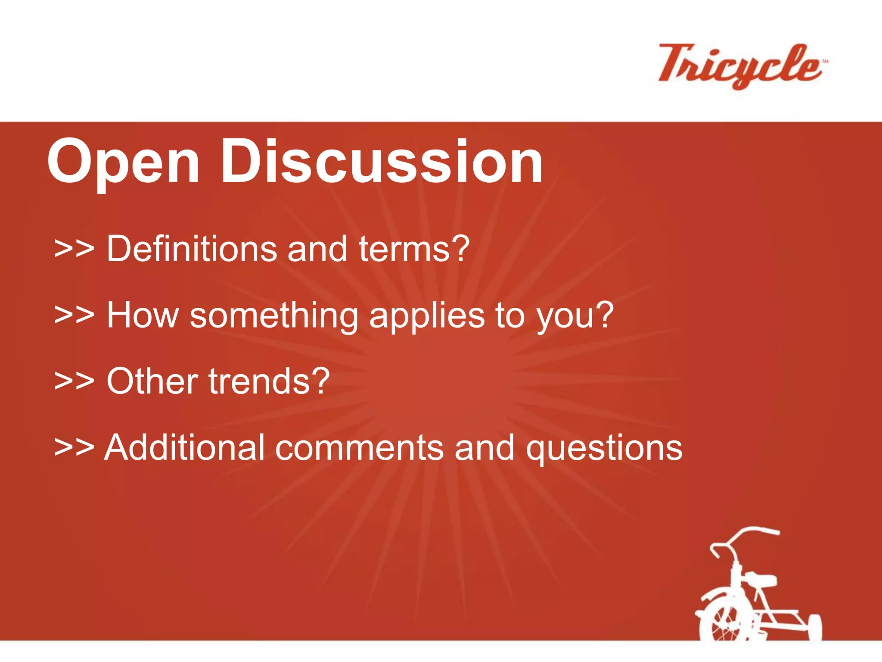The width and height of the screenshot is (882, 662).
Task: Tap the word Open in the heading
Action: pos(124,163)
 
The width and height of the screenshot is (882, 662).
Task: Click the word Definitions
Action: pos(191,249)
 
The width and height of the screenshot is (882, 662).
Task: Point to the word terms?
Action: pos(414,249)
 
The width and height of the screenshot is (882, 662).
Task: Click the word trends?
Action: pos(270,381)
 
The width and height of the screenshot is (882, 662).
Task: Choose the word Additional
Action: pos(184,448)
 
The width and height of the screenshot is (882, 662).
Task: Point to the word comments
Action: pos(359,448)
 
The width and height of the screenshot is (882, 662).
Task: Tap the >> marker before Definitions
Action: pos(74,250)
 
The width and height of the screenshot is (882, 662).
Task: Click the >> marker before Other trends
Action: pos(74,382)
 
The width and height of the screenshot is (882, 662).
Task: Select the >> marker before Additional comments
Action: pos(74,448)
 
